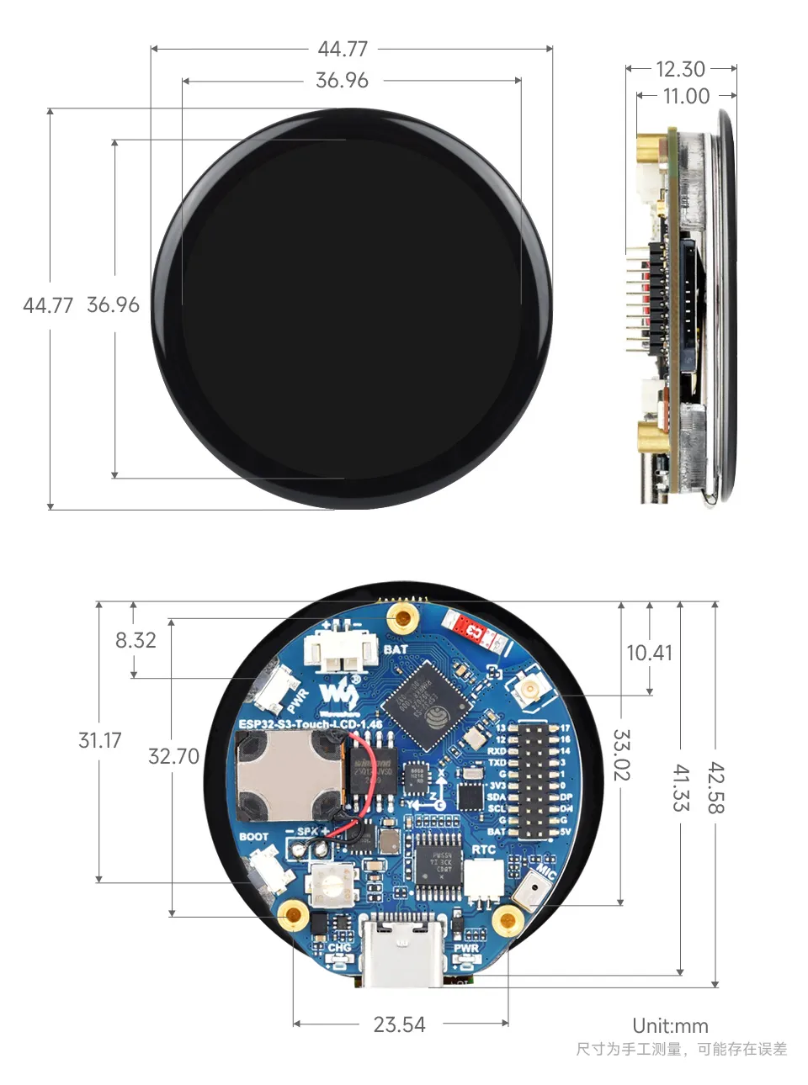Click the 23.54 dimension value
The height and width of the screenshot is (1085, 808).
click(399, 1024)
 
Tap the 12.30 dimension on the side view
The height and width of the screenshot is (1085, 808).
click(680, 69)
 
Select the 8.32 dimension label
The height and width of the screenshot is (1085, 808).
click(136, 640)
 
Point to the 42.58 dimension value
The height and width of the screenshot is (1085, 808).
click(715, 788)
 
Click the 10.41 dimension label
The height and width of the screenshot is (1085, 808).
click(649, 653)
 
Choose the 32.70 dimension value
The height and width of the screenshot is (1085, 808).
click(173, 756)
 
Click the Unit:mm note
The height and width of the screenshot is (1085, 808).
click(670, 1026)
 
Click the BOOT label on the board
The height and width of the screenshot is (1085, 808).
click(253, 837)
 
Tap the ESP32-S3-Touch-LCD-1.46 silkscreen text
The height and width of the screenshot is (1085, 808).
click(310, 723)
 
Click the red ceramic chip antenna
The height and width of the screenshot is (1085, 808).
click(471, 630)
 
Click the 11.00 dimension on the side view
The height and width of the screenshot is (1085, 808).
click(686, 96)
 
